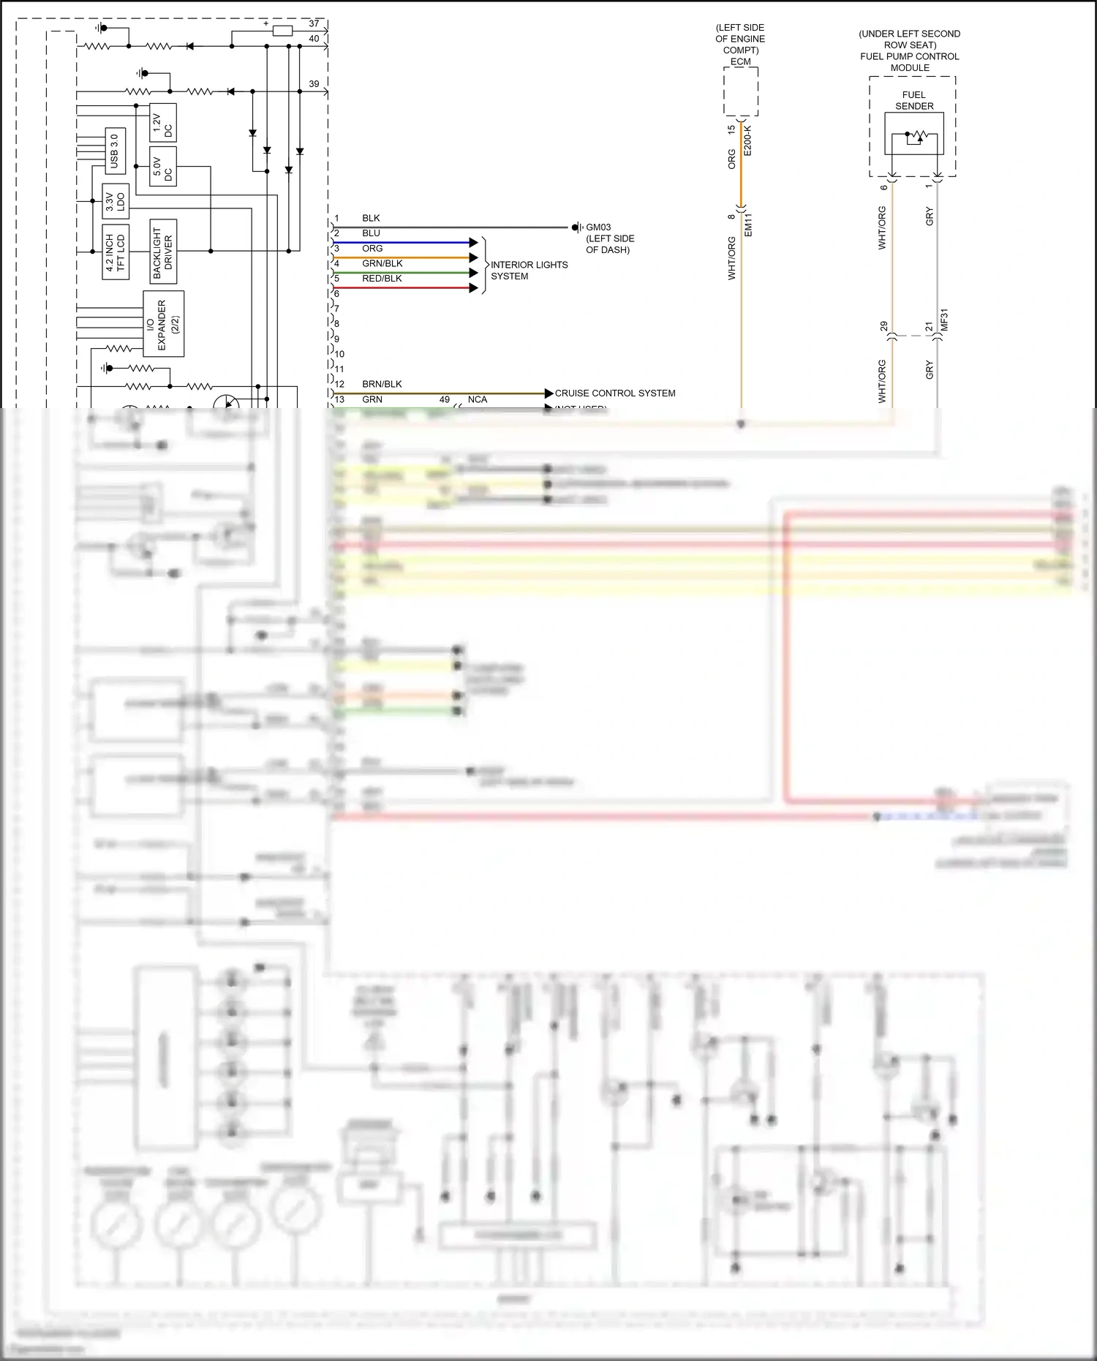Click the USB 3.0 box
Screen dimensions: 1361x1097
pyautogui.click(x=114, y=151)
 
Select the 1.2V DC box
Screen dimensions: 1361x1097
pyautogui.click(x=162, y=124)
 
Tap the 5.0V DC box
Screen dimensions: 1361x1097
pyautogui.click(x=162, y=167)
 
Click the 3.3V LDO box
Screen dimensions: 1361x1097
pyautogui.click(x=116, y=202)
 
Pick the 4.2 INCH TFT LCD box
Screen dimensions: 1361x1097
pyautogui.click(x=116, y=252)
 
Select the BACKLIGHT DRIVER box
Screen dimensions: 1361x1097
pyautogui.click(x=162, y=252)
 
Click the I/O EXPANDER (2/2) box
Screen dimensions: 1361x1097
pyautogui.click(x=162, y=324)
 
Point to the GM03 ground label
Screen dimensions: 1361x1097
pyautogui.click(x=598, y=227)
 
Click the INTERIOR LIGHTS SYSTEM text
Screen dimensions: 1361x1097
pyautogui.click(x=529, y=271)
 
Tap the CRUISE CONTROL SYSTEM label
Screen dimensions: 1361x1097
pyautogui.click(x=615, y=393)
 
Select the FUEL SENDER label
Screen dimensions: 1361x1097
pyautogui.click(x=914, y=100)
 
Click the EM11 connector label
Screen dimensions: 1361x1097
pyautogui.click(x=748, y=224)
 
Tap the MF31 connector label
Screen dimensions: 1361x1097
pyautogui.click(x=943, y=320)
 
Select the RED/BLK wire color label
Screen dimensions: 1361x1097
pyautogui.click(x=382, y=279)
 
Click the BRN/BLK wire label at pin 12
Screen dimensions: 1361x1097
pyautogui.click(x=382, y=384)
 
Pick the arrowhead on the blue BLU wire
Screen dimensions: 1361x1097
pyautogui.click(x=474, y=242)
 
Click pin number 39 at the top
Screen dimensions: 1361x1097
pyautogui.click(x=314, y=84)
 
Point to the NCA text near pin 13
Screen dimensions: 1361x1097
pyautogui.click(x=477, y=399)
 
